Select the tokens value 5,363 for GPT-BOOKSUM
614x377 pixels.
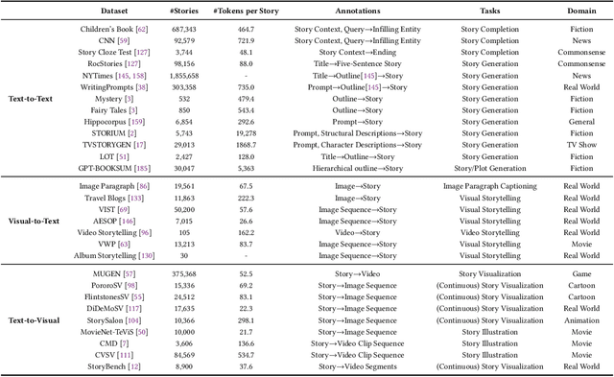click(255, 167)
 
